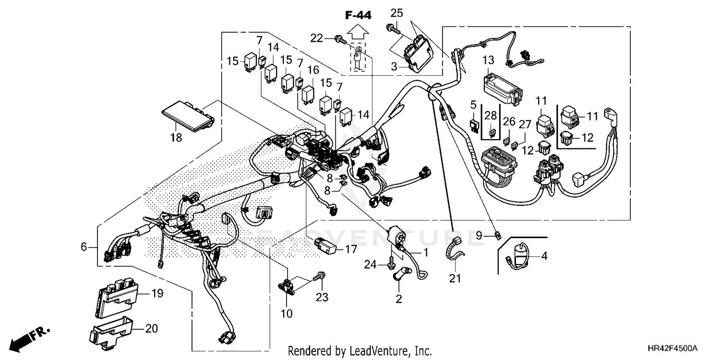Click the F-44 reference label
[x=358, y=15]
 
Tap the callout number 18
[x=176, y=138]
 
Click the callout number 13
[x=488, y=60]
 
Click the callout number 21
[x=455, y=278]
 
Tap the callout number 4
[x=544, y=256]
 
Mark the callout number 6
[x=84, y=247]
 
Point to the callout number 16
[x=313, y=70]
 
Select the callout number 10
[x=287, y=313]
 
